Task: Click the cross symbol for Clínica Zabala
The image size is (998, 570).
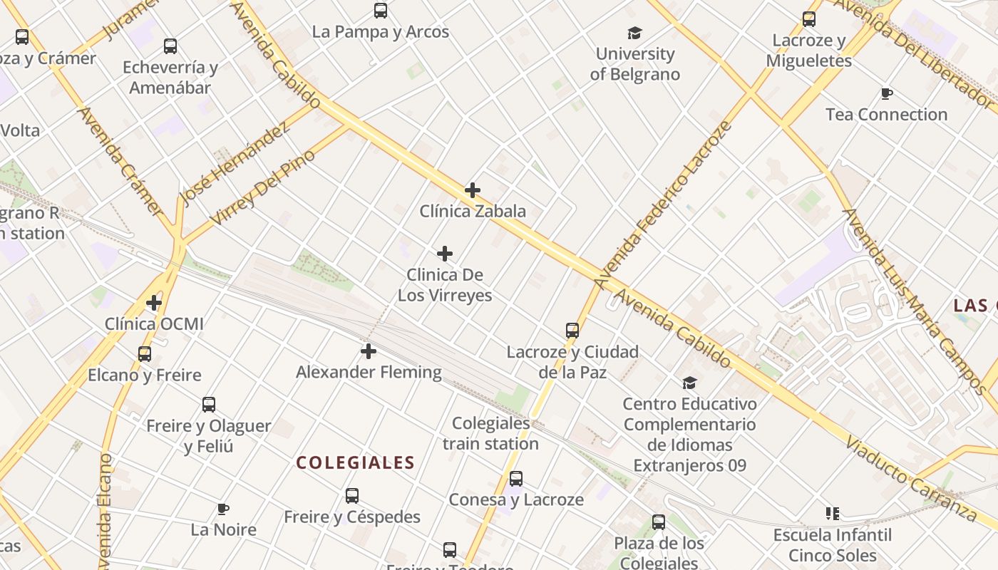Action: [472, 190]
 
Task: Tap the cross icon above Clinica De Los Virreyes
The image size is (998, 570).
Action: [445, 254]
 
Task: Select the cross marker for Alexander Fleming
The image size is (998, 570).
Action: [369, 351]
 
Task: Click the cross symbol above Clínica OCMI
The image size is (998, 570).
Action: [154, 304]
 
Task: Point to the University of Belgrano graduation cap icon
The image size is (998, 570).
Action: [634, 33]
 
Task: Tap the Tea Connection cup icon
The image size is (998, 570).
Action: [886, 93]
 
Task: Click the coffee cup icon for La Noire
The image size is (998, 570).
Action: [223, 509]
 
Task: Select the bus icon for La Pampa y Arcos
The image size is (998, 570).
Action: [381, 11]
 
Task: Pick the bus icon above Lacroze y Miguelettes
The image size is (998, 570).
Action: [808, 19]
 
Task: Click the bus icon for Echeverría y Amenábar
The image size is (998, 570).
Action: [170, 46]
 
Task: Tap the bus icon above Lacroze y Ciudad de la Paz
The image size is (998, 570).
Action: [572, 331]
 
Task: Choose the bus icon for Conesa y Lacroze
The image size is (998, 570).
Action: [516, 479]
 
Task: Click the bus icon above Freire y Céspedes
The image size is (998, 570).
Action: [352, 496]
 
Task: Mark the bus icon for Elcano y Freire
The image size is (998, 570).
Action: [145, 354]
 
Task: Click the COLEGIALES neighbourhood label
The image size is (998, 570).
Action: [355, 463]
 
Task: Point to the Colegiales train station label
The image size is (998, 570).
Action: [490, 433]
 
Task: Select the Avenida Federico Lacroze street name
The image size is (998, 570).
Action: [664, 205]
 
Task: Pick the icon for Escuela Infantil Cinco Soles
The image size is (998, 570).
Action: [832, 513]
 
